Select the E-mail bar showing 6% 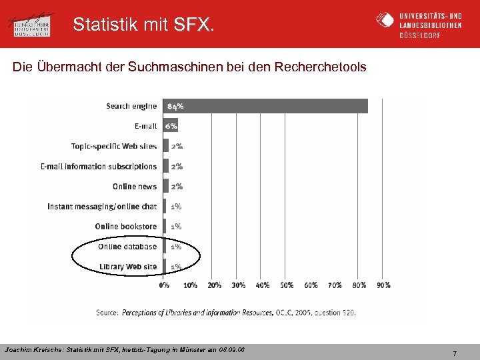pyautogui.click(x=171, y=126)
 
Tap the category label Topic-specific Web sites pyautogui.click(x=114, y=146)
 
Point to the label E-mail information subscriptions pyautogui.click(x=99, y=167)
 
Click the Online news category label pyautogui.click(x=135, y=187)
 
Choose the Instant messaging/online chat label pyautogui.click(x=102, y=207)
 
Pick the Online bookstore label pyautogui.click(x=126, y=227)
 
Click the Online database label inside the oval pyautogui.click(x=127, y=247)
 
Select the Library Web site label pyautogui.click(x=128, y=267)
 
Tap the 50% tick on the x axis pyautogui.click(x=287, y=285)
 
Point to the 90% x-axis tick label pyautogui.click(x=383, y=285)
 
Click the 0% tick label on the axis pyautogui.click(x=164, y=285)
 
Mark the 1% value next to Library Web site pyautogui.click(x=176, y=267)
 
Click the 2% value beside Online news pyautogui.click(x=177, y=187)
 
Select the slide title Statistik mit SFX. pyautogui.click(x=144, y=25)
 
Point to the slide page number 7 pyautogui.click(x=455, y=353)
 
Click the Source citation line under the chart pyautogui.click(x=226, y=312)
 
